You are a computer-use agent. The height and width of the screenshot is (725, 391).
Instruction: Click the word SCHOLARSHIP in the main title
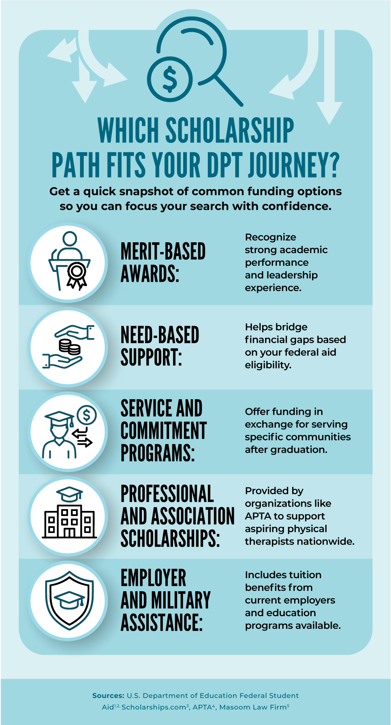coord(230,131)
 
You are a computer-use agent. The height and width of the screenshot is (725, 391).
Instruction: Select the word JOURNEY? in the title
coord(294,165)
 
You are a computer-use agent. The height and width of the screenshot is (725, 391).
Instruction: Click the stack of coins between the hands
coord(70,347)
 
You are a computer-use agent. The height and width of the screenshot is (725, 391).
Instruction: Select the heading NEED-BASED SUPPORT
coord(160,346)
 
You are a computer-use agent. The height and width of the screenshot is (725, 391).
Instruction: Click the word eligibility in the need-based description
coord(268,365)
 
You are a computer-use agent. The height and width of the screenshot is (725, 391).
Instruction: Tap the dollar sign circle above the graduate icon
coord(87,415)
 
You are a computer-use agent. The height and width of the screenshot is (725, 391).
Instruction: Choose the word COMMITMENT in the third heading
coord(164,431)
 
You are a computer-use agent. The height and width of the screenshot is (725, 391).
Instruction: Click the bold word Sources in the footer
coord(108,696)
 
